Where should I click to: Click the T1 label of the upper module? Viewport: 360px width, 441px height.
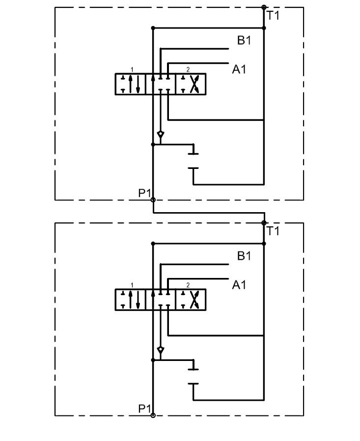pos(273,15)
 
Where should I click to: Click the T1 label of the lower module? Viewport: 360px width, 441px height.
pos(273,231)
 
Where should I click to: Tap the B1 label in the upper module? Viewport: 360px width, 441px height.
pos(244,40)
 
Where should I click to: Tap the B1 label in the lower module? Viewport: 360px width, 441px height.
pos(244,256)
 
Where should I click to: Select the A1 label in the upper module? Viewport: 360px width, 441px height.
pos(239,70)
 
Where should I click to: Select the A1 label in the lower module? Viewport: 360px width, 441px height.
pos(239,285)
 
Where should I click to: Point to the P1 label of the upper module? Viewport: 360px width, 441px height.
pos(144,193)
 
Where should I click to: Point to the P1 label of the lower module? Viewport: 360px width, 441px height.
pos(144,409)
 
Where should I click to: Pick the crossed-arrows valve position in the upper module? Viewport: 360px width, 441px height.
pos(191,84)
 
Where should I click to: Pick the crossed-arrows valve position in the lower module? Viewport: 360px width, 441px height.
pos(191,300)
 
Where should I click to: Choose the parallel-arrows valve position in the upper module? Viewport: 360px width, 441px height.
pos(131,84)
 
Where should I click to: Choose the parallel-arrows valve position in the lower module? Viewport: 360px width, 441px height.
pos(131,300)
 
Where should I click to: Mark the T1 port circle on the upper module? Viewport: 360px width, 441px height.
pos(264,7)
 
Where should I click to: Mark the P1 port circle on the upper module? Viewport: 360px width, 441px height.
pos(153,200)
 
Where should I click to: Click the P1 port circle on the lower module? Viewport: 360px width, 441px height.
pos(153,415)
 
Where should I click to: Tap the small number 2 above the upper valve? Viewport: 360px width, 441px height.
pos(188,70)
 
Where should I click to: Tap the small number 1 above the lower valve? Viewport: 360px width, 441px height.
pos(132,285)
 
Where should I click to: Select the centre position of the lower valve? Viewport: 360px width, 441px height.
pos(161,300)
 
